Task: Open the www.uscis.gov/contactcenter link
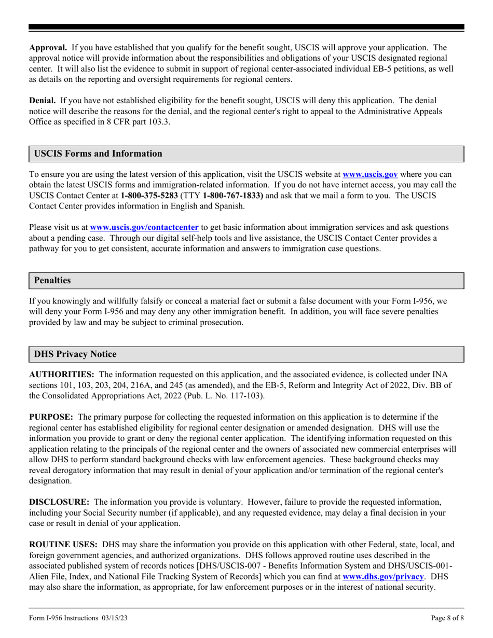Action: point(144,227)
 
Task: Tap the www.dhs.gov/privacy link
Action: point(383,576)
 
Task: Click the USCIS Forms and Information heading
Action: point(98,154)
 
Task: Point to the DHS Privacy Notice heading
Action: point(75,355)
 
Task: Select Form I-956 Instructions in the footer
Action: point(63,618)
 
